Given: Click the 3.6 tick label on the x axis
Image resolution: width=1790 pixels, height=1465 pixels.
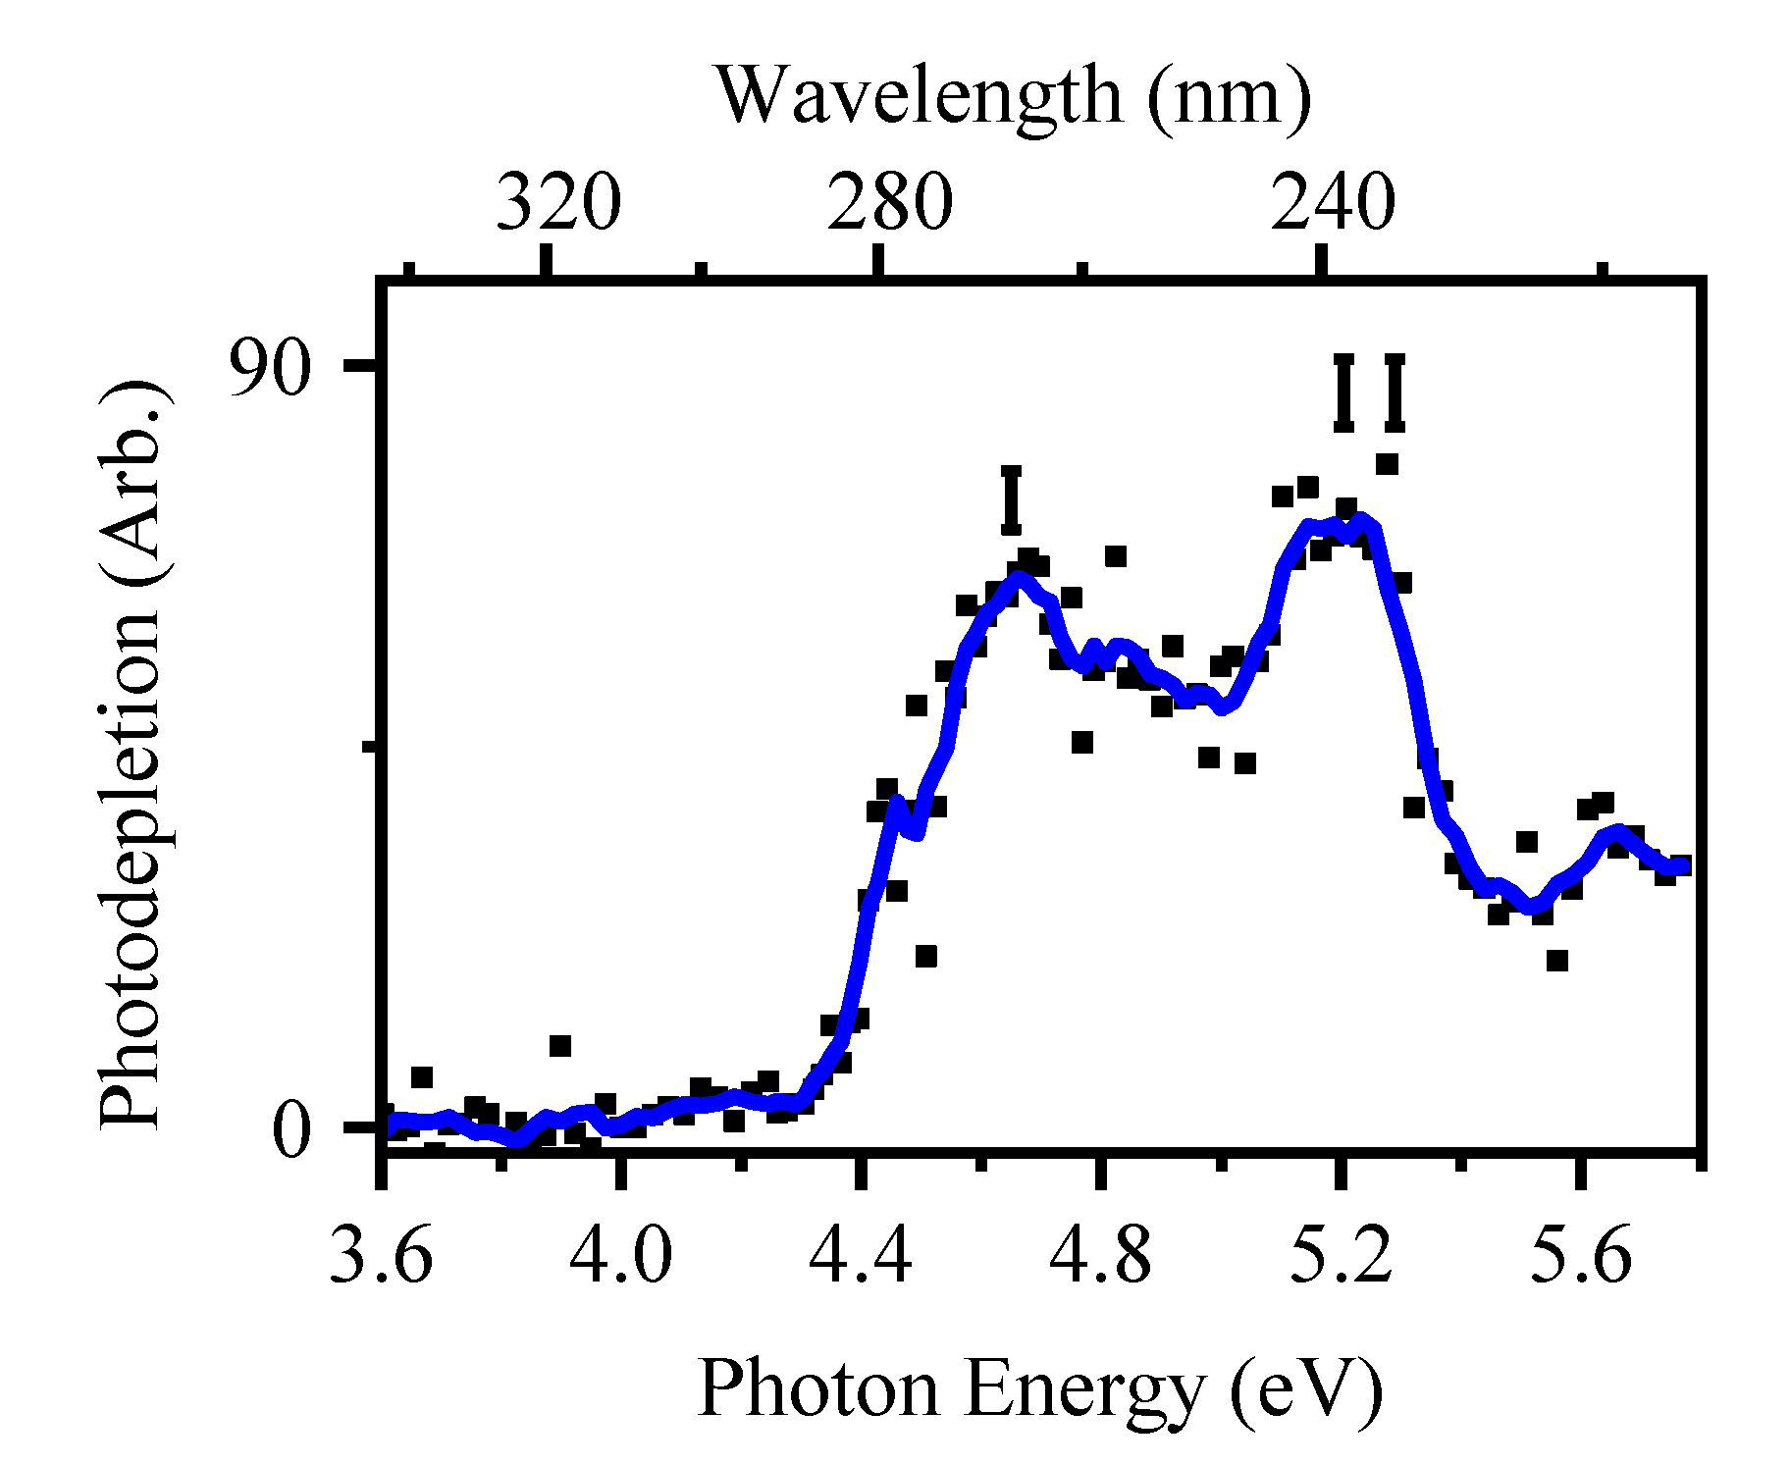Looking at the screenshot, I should click(x=381, y=1257).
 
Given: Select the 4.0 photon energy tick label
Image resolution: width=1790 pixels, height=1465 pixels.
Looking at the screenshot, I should click(x=621, y=1257).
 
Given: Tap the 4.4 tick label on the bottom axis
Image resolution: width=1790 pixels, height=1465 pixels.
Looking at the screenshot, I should click(x=861, y=1257).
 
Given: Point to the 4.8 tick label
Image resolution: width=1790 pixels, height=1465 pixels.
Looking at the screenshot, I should click(x=1100, y=1257).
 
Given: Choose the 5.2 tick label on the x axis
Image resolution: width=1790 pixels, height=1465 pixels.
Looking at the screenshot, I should click(x=1341, y=1257).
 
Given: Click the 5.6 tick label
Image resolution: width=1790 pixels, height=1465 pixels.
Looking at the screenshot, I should click(x=1581, y=1257).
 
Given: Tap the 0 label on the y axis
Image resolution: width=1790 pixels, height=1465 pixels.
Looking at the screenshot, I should click(x=291, y=1130).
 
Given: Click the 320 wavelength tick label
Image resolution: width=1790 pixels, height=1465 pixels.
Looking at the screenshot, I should click(x=558, y=203).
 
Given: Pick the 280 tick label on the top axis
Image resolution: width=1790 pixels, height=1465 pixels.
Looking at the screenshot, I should click(x=890, y=203).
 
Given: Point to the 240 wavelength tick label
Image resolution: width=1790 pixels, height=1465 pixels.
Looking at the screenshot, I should click(x=1333, y=203).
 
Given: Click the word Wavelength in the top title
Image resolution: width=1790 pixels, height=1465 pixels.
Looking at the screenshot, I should click(x=919, y=96).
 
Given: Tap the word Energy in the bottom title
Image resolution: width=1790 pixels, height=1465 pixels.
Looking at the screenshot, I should click(x=1083, y=1391).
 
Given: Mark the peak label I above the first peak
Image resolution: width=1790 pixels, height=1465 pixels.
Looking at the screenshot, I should click(x=1012, y=500).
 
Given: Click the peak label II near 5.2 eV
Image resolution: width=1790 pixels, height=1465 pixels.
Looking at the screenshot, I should click(x=1370, y=392).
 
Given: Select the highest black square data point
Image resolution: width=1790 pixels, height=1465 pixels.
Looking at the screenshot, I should click(x=1387, y=464).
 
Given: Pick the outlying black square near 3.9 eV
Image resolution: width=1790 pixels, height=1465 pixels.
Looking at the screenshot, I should click(x=559, y=1046).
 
